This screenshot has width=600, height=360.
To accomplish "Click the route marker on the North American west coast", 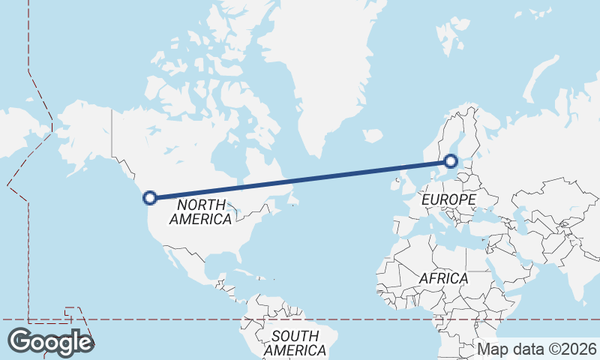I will pyautogui.click(x=150, y=198).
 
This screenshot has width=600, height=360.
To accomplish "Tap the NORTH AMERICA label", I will pyautogui.click(x=201, y=211).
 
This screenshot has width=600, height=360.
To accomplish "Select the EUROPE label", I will pyautogui.click(x=448, y=199).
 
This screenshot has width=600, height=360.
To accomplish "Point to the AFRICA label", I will pyautogui.click(x=443, y=278).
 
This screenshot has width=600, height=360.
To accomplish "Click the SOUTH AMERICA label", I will pyautogui.click(x=295, y=343).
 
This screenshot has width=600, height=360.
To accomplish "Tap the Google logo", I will pyautogui.click(x=50, y=342).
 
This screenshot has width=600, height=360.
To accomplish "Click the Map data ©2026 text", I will pyautogui.click(x=537, y=349).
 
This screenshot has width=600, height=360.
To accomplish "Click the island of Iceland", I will pyautogui.click(x=373, y=136).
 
